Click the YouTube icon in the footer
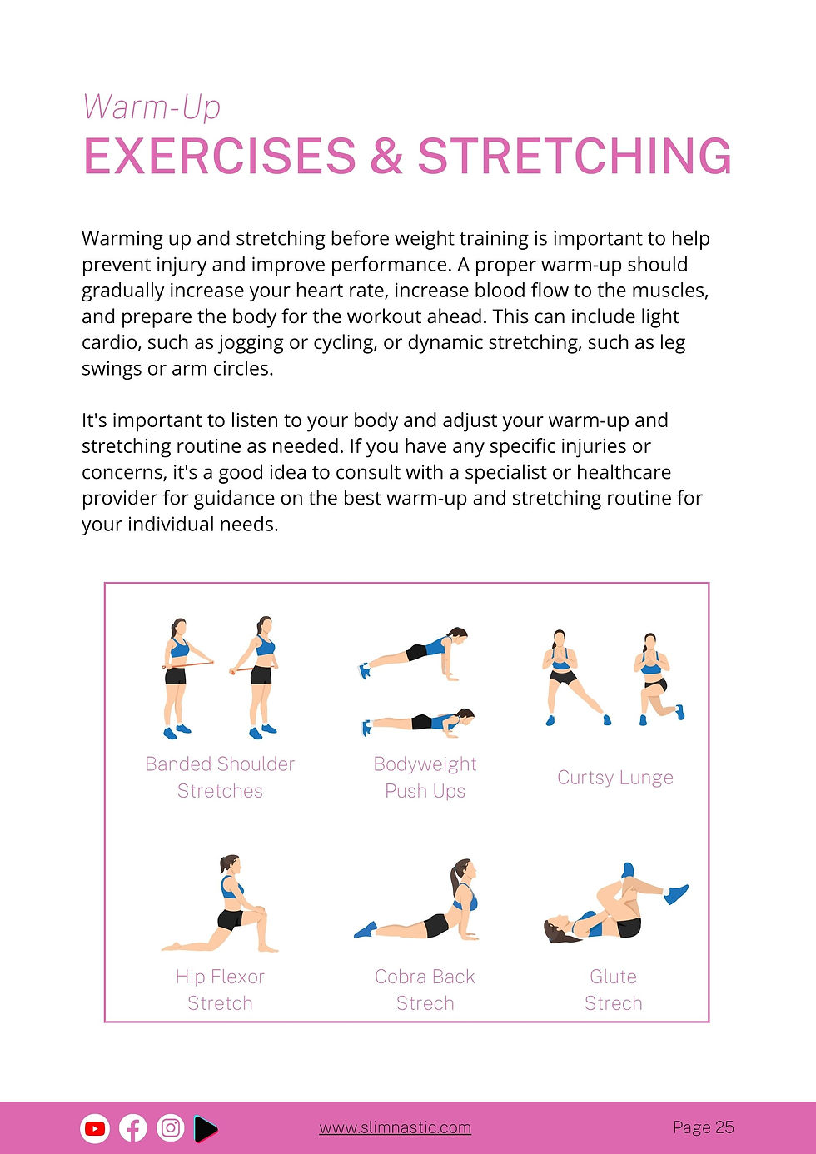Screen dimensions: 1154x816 point(95,1128)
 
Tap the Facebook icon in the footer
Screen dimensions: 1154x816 point(133,1128)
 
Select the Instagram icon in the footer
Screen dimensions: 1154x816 point(171,1128)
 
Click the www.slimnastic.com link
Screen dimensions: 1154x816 point(395,1128)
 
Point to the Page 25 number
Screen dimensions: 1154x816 point(703,1127)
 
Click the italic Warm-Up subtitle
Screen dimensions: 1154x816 point(152,107)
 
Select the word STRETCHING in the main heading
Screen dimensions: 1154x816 point(575,157)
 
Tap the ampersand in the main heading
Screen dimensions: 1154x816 point(386,157)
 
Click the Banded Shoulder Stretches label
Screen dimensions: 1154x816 point(220,777)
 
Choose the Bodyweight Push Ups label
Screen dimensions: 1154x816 point(425,777)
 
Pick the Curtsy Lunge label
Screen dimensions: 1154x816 point(615,778)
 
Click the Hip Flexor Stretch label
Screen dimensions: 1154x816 point(220,989)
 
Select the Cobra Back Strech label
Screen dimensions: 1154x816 point(425,989)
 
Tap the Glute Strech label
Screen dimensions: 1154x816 point(614,989)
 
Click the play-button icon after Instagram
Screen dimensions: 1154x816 point(206,1128)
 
